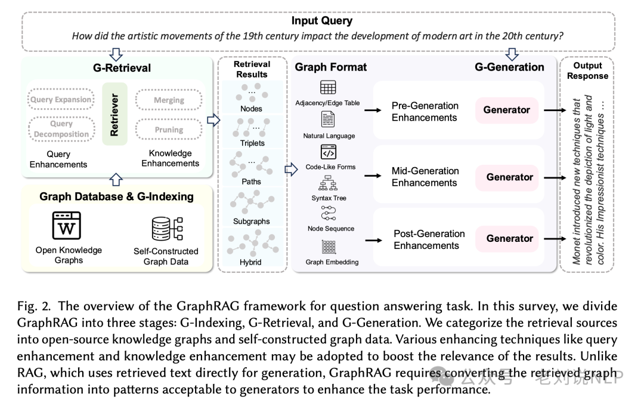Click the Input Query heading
321,21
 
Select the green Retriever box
114,114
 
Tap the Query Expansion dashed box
61,100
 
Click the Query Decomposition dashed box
61,129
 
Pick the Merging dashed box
169,100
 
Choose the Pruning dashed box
169,130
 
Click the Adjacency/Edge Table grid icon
327,87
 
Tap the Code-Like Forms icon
329,152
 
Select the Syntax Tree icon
329,183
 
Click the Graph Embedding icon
329,247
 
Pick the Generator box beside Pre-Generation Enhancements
506,110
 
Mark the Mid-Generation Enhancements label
425,177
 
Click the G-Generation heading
509,67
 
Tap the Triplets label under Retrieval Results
252,143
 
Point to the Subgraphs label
251,222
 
